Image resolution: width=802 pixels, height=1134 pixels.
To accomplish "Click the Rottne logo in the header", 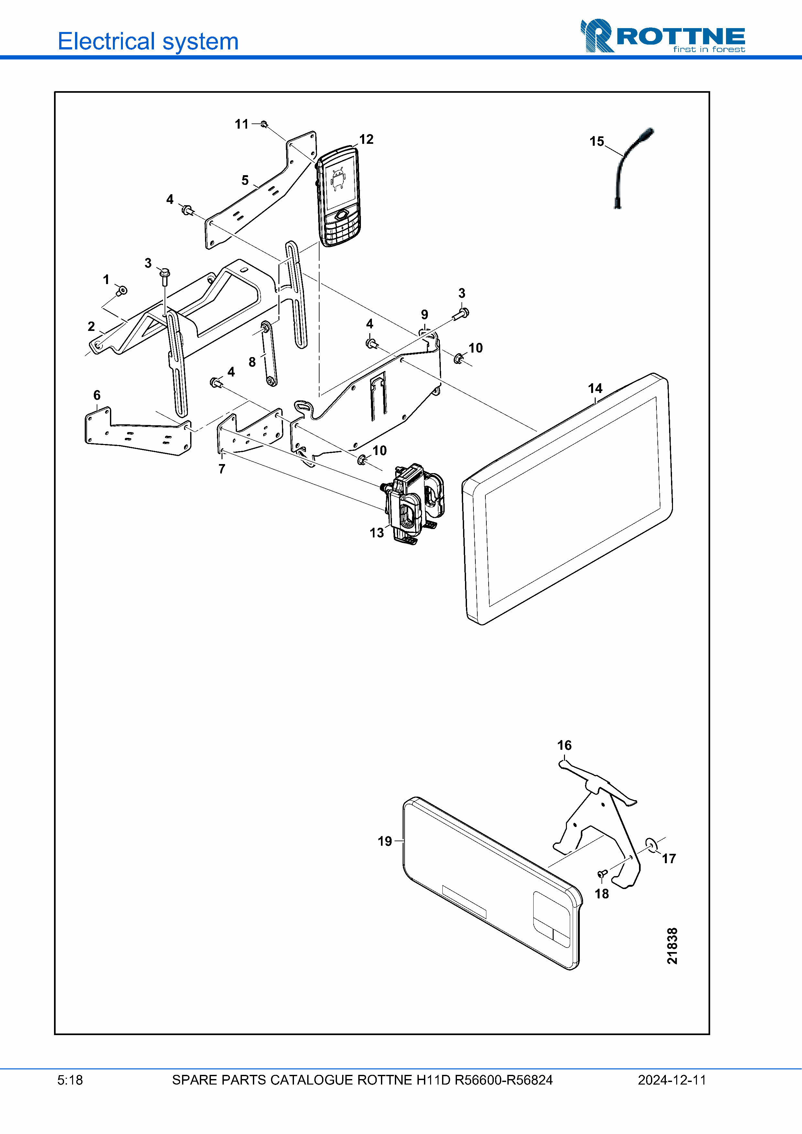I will pyautogui.click(x=662, y=36).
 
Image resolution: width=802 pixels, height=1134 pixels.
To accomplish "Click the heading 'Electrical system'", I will pyautogui.click(x=148, y=41).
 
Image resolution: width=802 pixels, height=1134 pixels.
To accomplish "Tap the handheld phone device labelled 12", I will pyautogui.click(x=339, y=197).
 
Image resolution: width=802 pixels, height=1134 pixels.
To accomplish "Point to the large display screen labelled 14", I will pyautogui.click(x=568, y=499).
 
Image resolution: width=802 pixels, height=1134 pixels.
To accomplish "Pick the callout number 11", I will pyautogui.click(x=242, y=124).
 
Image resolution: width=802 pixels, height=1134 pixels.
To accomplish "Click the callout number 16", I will pyautogui.click(x=564, y=745).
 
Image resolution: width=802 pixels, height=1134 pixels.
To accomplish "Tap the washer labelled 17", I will pyautogui.click(x=651, y=845).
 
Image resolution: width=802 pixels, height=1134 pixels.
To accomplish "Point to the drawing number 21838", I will pyautogui.click(x=672, y=946).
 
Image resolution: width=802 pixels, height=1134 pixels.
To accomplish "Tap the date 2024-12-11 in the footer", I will pyautogui.click(x=672, y=1080).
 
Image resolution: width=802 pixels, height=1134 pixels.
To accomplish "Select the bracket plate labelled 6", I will pyautogui.click(x=138, y=432).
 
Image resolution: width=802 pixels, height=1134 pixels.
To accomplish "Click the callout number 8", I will pyautogui.click(x=252, y=362).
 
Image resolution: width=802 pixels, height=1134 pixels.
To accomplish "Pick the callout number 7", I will pyautogui.click(x=222, y=469).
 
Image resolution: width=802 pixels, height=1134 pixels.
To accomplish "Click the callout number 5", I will pyautogui.click(x=245, y=180).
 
